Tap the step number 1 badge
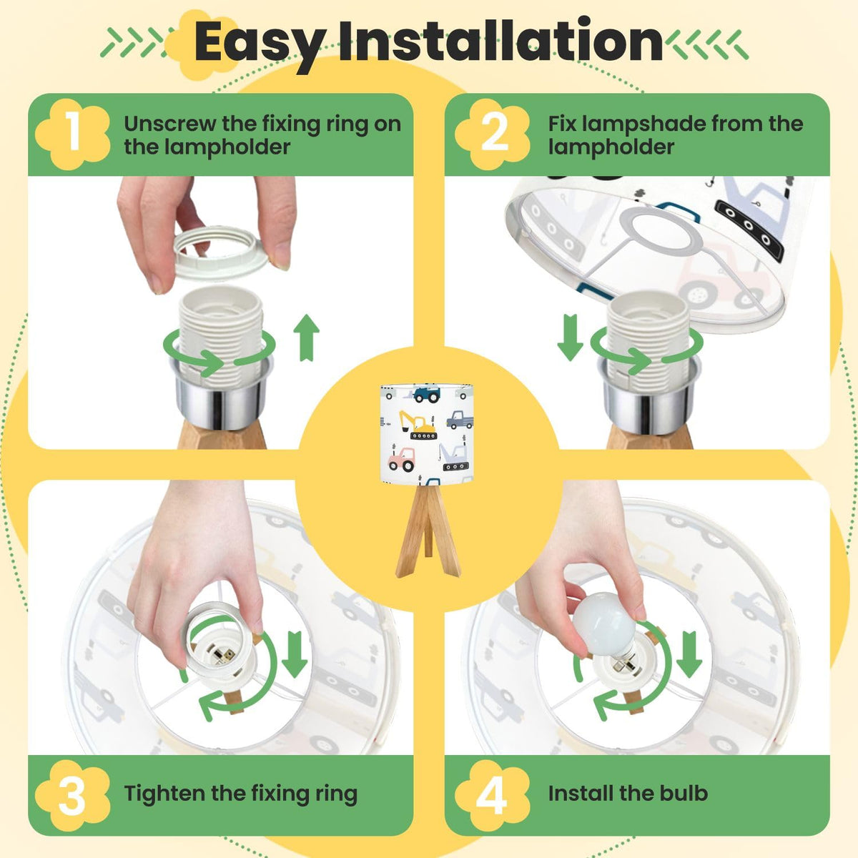coord(73,134)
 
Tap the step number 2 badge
coord(493,134)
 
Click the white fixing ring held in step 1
coord(221,255)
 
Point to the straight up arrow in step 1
coord(306,337)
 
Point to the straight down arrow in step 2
coord(570,337)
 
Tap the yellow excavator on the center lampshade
coord(417,425)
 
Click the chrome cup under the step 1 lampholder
coord(221,396)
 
